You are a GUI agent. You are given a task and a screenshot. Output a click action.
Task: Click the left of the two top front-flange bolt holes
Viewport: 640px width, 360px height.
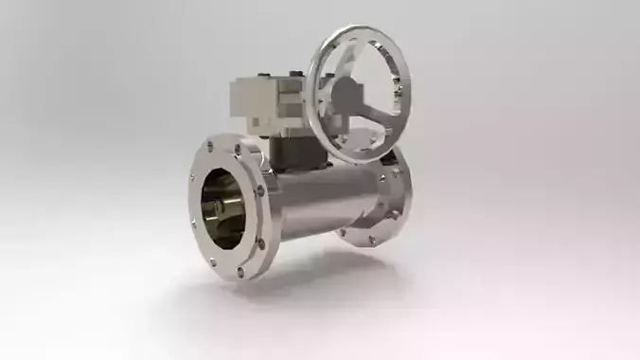pos(207,150)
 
